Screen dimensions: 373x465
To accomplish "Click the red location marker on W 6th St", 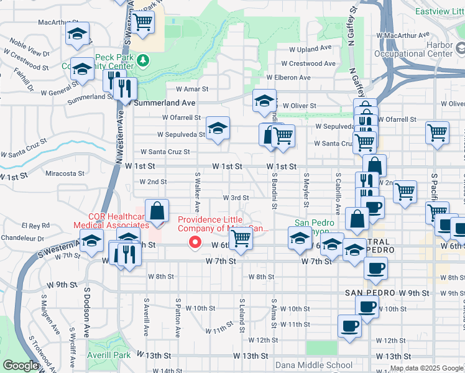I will pos(196,242).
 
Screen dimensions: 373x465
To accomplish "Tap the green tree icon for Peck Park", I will pos(144,60).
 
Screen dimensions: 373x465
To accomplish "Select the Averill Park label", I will pos(113,356).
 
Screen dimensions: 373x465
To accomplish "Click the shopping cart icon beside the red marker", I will pos(241,238).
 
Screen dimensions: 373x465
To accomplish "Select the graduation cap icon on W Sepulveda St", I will pos(218,129).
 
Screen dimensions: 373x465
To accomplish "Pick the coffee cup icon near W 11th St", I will pos(349,326).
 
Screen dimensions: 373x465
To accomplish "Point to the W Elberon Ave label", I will pos(288,77).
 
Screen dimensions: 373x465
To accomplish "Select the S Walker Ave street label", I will pos(197,191).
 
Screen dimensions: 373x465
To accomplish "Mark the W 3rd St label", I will pos(236,198).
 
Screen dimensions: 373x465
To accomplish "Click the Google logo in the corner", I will pos(20,366).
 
